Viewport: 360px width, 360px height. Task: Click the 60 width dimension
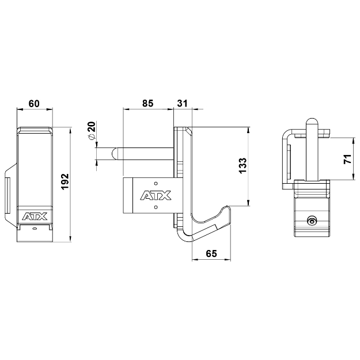[34, 104]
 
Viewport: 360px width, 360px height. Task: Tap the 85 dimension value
[147, 104]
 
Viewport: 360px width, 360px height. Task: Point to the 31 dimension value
[183, 104]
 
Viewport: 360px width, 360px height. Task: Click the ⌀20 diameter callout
[91, 131]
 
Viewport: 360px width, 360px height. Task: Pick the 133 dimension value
[242, 165]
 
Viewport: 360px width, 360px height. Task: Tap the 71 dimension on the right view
[347, 160]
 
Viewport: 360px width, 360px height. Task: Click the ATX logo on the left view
[35, 217]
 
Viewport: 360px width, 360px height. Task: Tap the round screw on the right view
[312, 220]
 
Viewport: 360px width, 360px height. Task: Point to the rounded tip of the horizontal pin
[115, 153]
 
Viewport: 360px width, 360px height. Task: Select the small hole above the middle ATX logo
[156, 184]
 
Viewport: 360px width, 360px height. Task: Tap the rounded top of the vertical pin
[311, 122]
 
